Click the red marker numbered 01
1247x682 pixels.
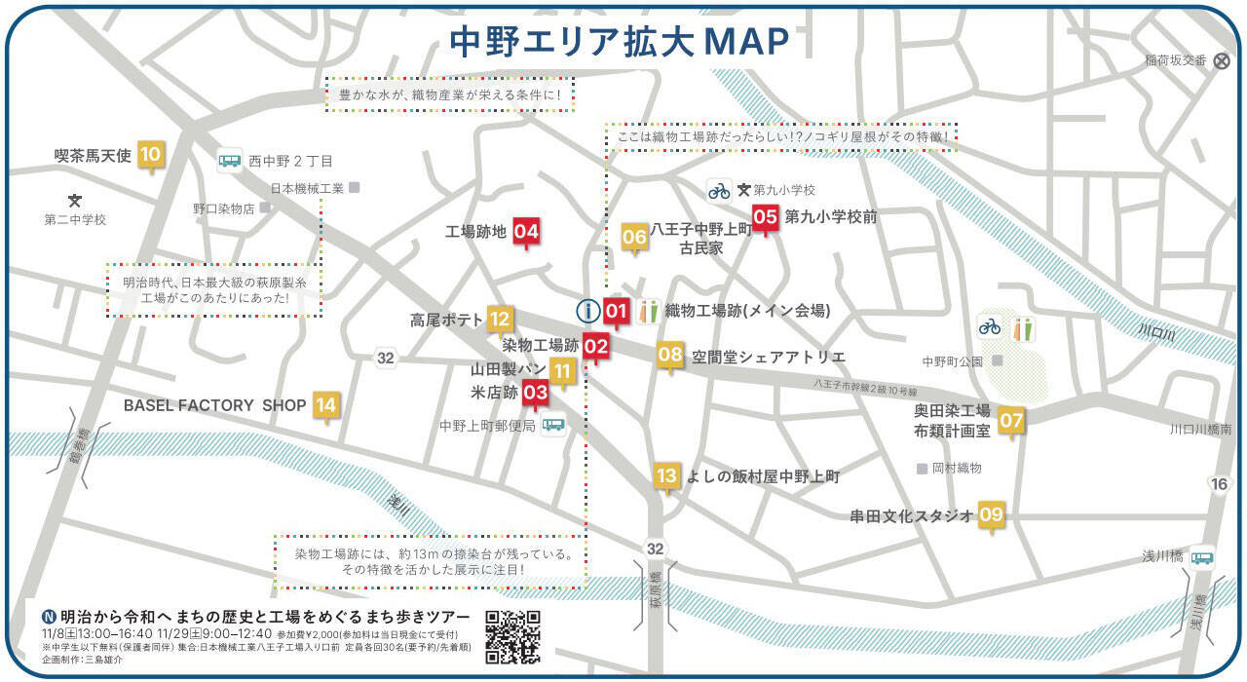click(x=616, y=312)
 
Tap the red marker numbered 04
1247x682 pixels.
click(x=526, y=232)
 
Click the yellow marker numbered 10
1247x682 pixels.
click(x=150, y=155)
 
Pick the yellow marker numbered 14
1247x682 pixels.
click(x=325, y=405)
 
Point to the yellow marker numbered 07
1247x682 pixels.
click(x=1011, y=420)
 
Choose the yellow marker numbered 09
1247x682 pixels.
click(x=991, y=515)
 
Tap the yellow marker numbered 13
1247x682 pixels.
click(x=666, y=476)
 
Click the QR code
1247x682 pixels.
click(x=512, y=636)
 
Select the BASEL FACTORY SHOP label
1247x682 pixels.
click(x=214, y=405)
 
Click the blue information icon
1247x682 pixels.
click(x=587, y=312)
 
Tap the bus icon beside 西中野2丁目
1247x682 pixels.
click(x=230, y=161)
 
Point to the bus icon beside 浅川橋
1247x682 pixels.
click(x=1202, y=557)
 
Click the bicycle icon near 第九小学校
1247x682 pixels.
click(x=719, y=190)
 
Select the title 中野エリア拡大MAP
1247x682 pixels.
click(x=619, y=42)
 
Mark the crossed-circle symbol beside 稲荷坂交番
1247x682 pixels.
click(x=1222, y=60)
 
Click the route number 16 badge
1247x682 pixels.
click(x=1219, y=484)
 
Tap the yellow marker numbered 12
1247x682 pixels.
click(x=500, y=319)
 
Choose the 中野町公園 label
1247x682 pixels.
click(x=953, y=361)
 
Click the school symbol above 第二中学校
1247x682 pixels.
click(x=74, y=200)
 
